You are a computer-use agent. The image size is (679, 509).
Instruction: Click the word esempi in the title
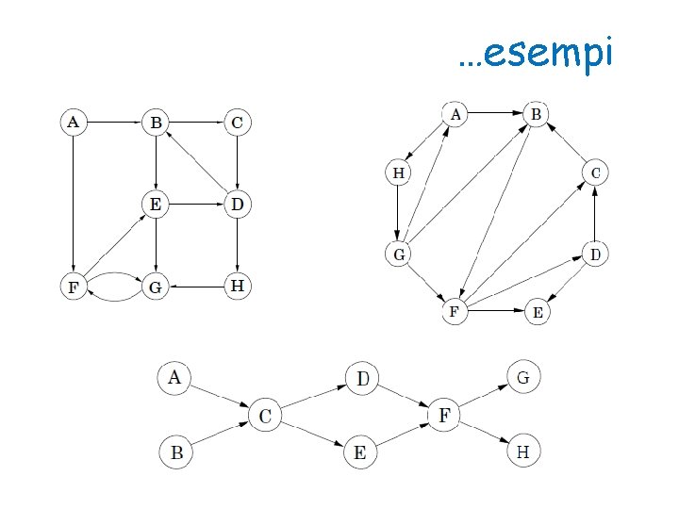point(548,54)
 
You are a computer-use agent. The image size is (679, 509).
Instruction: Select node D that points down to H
point(237,204)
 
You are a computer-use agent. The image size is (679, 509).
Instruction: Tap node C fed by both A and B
point(265,415)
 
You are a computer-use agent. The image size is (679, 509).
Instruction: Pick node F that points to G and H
point(443,415)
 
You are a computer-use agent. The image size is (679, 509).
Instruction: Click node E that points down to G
point(155,204)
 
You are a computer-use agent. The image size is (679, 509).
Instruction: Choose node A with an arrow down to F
point(73,122)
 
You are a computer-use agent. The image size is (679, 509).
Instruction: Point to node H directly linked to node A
point(399,172)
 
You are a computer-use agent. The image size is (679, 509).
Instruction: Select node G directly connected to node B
point(399,254)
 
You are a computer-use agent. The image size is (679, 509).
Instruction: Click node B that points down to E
point(155,122)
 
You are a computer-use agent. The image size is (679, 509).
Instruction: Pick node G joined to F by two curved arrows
point(155,287)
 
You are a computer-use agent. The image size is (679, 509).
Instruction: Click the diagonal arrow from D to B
point(196,162)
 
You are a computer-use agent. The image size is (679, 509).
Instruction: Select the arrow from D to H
point(237,244)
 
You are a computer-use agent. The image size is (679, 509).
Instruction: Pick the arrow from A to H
point(425,144)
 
